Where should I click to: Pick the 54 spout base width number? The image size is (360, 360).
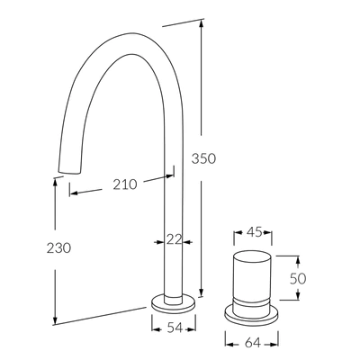coord(169,329)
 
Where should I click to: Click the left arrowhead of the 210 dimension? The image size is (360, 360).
coord(73,192)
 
